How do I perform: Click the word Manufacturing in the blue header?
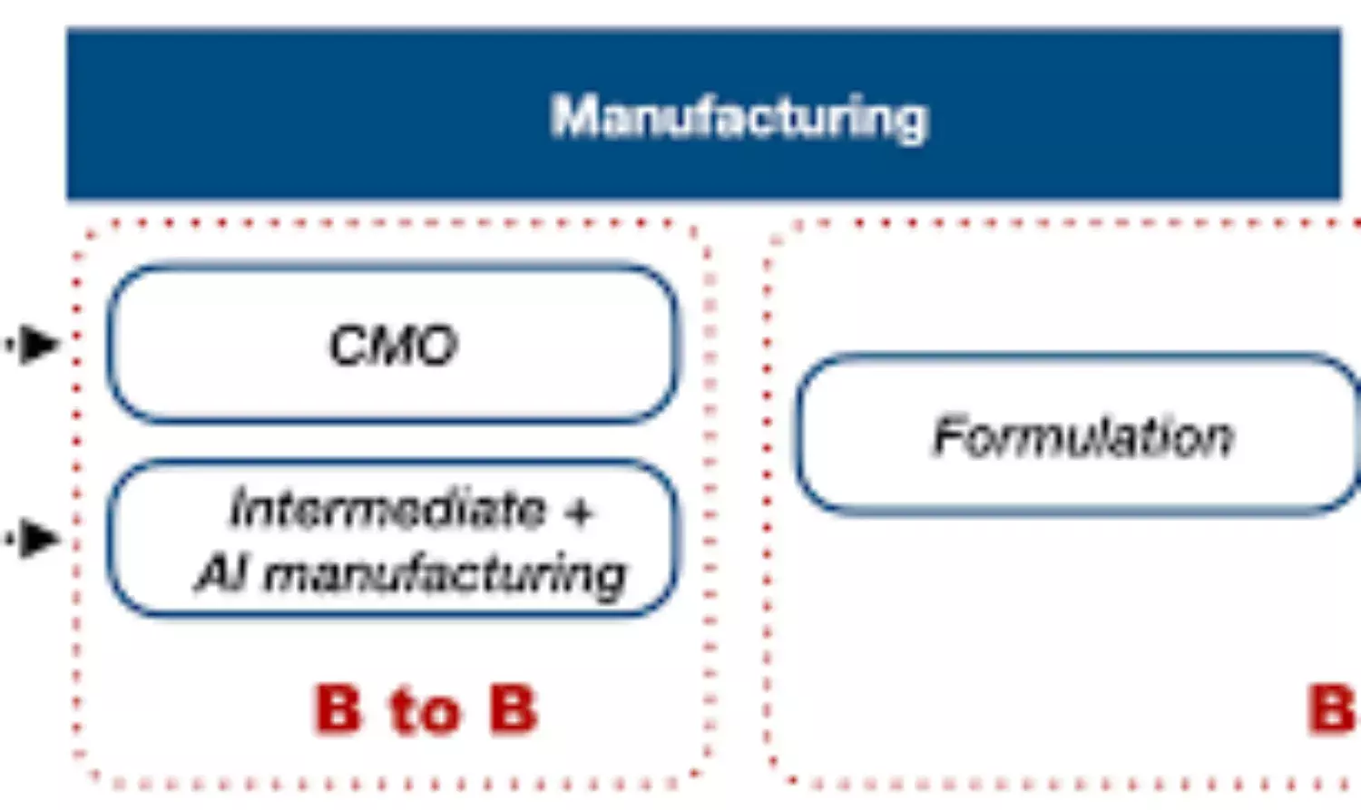[739, 118]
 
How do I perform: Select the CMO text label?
[393, 346]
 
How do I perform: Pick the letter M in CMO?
[392, 346]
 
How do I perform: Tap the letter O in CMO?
[436, 346]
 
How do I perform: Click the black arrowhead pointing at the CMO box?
[38, 344]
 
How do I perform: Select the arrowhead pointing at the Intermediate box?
[38, 539]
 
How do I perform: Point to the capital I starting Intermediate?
[239, 508]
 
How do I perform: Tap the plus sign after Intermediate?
[578, 512]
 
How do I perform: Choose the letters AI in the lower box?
[219, 573]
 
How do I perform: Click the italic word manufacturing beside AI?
[445, 576]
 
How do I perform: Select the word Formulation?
[1083, 437]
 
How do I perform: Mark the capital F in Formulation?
[950, 436]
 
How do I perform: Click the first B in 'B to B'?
[338, 708]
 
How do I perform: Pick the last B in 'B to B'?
[513, 708]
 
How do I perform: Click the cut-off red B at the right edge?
[1331, 708]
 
